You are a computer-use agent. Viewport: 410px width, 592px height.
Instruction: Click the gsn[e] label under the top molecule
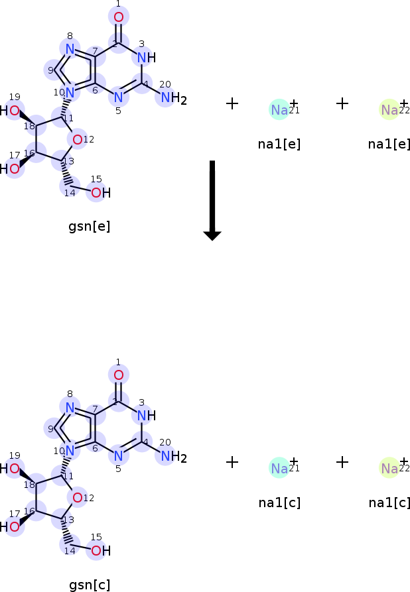click(x=89, y=227)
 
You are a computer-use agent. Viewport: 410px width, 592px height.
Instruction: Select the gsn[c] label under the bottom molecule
click(x=90, y=585)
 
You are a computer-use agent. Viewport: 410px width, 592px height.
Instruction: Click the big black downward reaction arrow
click(x=212, y=200)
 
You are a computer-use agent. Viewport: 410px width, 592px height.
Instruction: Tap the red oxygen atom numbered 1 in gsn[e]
click(x=119, y=17)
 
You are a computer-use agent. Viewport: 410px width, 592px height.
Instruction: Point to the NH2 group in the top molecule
click(x=174, y=98)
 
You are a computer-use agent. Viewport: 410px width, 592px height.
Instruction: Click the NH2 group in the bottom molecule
click(x=174, y=457)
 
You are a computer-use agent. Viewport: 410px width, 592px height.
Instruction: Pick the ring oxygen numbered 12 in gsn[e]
click(x=78, y=140)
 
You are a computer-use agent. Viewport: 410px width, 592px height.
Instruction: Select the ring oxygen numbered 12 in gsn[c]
click(x=78, y=498)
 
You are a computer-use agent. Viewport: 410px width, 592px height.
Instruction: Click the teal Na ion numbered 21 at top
click(x=279, y=110)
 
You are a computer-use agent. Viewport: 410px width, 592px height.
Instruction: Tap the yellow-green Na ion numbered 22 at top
click(x=389, y=110)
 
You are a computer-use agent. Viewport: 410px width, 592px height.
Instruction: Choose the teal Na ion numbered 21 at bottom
click(x=279, y=468)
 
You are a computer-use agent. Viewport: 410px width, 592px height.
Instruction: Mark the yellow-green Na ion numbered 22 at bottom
click(x=389, y=468)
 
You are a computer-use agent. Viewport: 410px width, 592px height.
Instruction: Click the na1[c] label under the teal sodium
click(x=279, y=503)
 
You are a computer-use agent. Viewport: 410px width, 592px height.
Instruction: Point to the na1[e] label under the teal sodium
click(x=279, y=145)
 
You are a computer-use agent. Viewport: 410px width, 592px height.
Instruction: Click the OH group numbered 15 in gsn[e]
click(x=101, y=193)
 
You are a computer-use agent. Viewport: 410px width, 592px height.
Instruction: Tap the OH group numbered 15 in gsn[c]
click(x=101, y=551)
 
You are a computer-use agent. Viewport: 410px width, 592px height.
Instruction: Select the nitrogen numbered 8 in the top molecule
click(x=70, y=49)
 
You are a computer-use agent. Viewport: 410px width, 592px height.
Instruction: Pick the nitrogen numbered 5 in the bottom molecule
click(x=119, y=456)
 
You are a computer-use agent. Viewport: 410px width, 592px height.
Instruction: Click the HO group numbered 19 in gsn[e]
click(x=10, y=111)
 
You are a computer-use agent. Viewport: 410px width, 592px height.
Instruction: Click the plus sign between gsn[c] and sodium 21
click(x=232, y=462)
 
